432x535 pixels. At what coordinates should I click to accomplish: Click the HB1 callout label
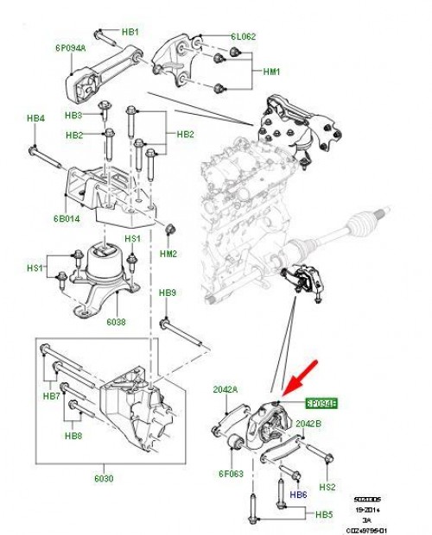130,32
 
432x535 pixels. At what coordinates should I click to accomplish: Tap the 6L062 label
244,38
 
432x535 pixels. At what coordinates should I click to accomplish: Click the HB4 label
35,117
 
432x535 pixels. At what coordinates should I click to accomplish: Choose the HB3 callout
74,116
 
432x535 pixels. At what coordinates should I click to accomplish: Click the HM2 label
168,254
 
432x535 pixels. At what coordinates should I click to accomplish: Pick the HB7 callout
51,396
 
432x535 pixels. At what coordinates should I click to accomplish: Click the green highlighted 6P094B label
321,403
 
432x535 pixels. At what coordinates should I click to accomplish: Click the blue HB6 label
298,494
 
